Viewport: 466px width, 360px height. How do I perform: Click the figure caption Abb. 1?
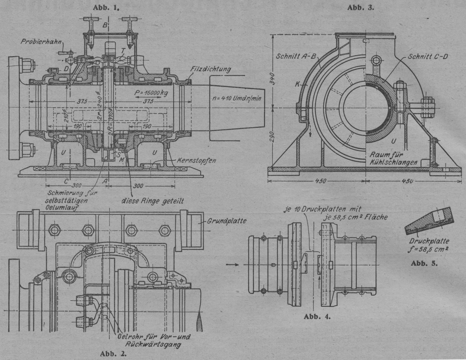pyautogui.click(x=108, y=7)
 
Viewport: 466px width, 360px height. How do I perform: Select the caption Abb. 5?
pyautogui.click(x=423, y=263)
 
